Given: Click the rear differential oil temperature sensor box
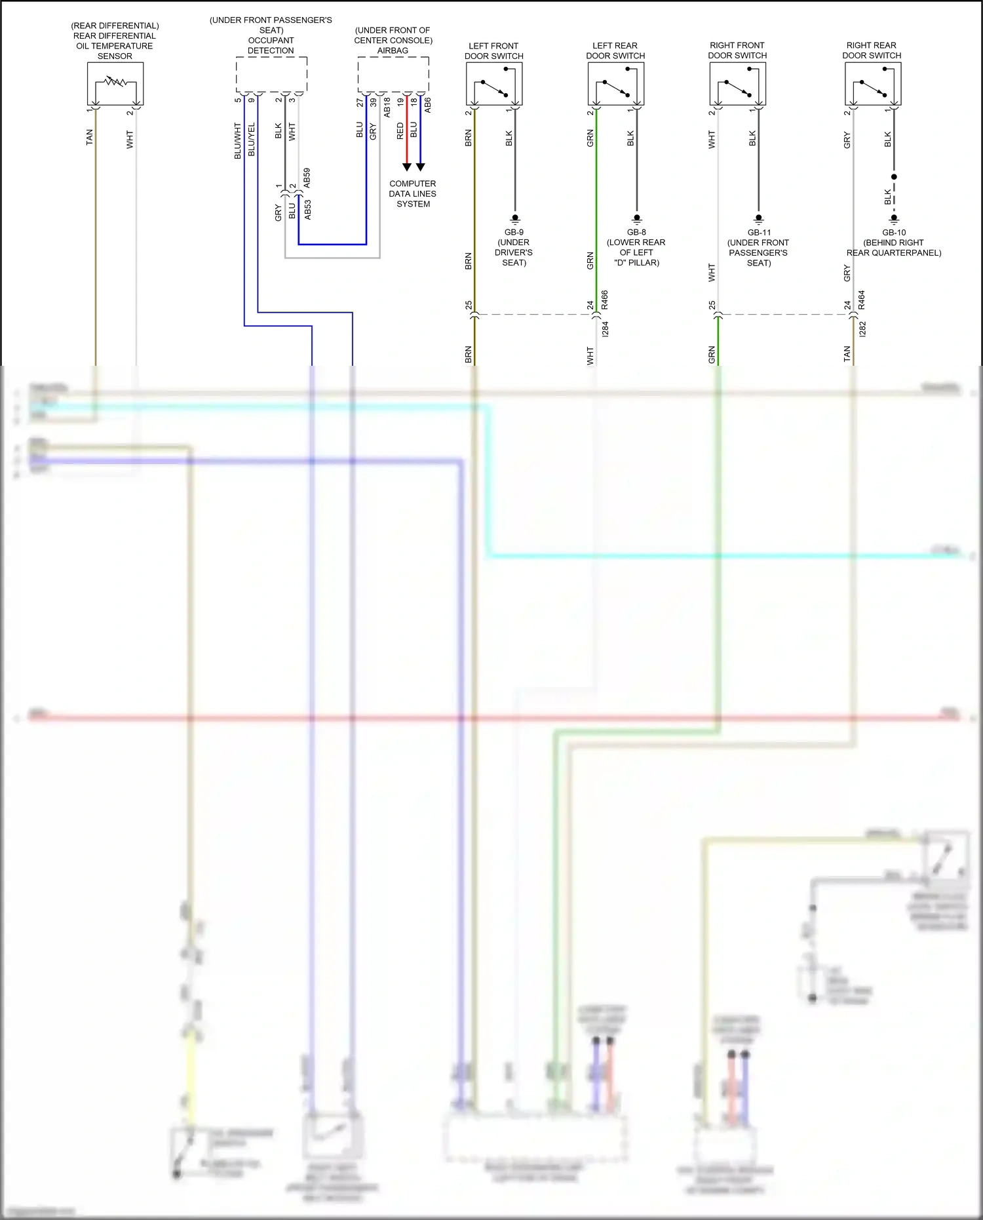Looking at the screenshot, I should [x=115, y=83].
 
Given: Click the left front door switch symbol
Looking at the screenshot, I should [x=494, y=83].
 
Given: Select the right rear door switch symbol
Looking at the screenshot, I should [x=873, y=83].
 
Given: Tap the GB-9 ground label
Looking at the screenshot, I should [x=514, y=232].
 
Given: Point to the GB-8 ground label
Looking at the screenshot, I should [x=636, y=232].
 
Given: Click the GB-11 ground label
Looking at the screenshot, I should [x=759, y=233].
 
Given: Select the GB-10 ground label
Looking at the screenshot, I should [x=894, y=233].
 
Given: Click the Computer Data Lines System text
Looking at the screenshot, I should [x=413, y=194].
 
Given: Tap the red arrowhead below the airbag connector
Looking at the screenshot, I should [x=407, y=167].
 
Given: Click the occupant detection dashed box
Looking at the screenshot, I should [x=271, y=74].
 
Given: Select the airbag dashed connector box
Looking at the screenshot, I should [x=393, y=74].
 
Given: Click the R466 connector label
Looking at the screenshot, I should [x=605, y=300].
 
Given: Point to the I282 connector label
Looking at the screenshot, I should [x=862, y=329].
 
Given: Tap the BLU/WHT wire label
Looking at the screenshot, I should [x=238, y=140].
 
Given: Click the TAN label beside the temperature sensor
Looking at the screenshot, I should [x=90, y=137].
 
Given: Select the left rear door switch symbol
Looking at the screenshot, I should [x=616, y=83].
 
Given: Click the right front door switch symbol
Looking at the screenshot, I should [x=738, y=83].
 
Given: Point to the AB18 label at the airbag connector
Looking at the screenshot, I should [x=387, y=108].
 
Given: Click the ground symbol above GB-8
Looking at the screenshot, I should [x=636, y=219].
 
